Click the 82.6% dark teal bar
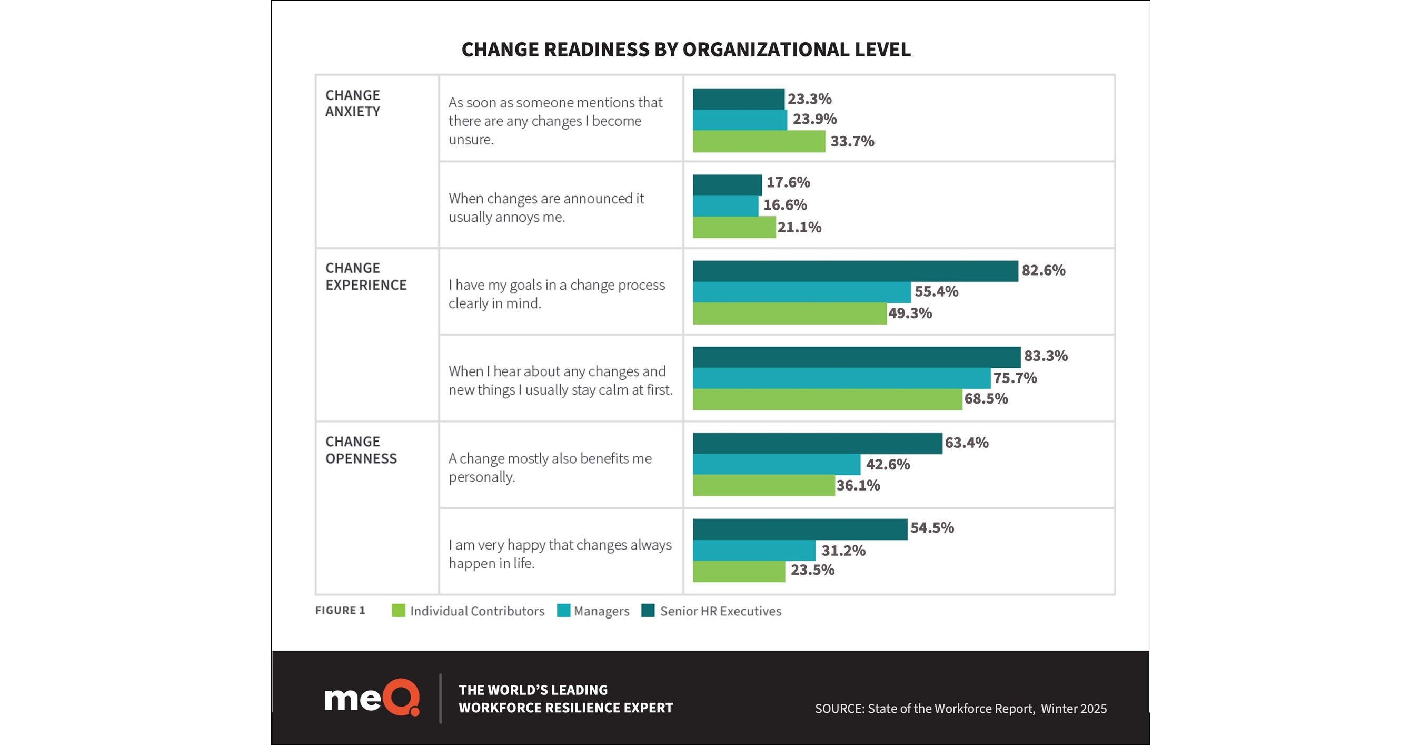tap(855, 271)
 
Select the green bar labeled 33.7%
tap(759, 141)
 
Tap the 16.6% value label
tap(784, 205)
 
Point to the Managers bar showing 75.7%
tap(841, 378)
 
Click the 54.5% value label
tap(932, 527)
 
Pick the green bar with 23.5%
tap(739, 571)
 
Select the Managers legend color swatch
tap(563, 610)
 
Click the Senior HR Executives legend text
tap(720, 611)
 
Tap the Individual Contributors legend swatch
tap(398, 610)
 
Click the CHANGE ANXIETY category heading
tap(353, 103)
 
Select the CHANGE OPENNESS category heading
tap(361, 450)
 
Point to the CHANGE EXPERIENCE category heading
tap(365, 277)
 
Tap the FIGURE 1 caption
tap(340, 610)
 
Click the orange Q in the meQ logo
tap(402, 698)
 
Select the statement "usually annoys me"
tap(506, 217)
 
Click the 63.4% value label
tap(966, 443)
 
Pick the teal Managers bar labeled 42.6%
tap(776, 464)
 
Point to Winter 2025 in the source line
tap(1074, 709)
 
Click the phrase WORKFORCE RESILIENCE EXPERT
tap(565, 708)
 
